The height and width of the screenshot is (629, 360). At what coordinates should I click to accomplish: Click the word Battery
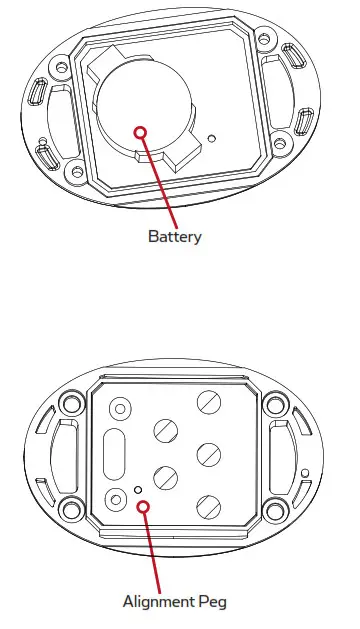point(175,237)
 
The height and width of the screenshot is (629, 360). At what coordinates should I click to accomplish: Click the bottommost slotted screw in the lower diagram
point(207,504)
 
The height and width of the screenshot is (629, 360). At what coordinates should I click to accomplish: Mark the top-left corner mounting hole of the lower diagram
point(69,406)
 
